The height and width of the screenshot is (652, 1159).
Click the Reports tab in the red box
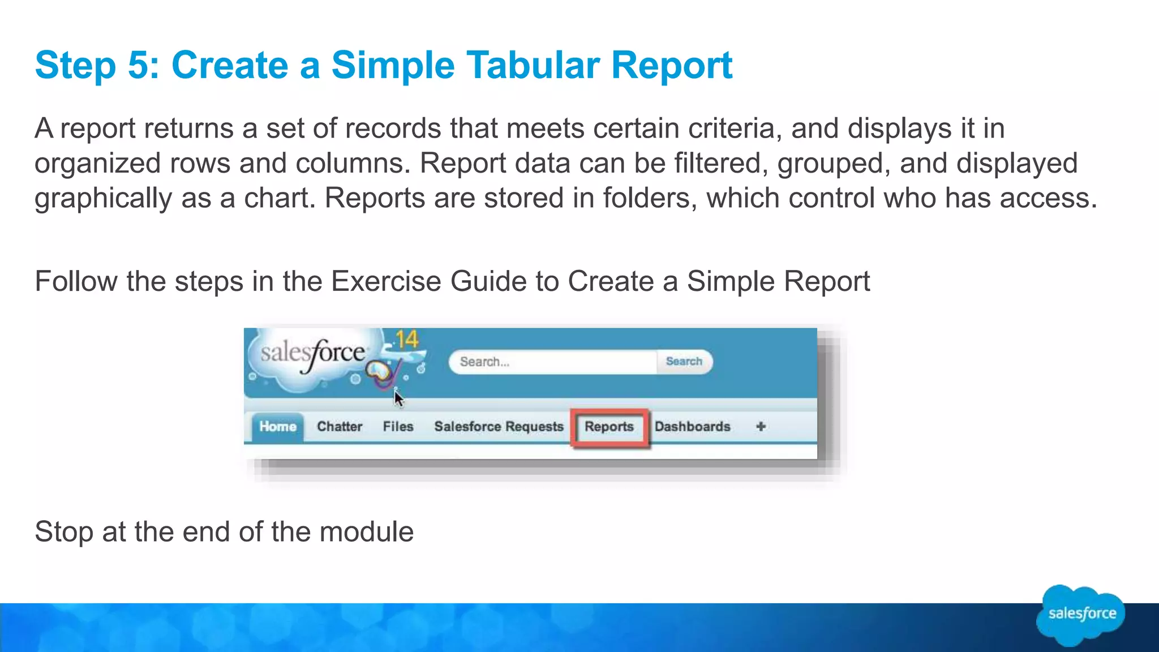tap(609, 427)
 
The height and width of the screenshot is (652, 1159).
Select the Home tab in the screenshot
tap(277, 427)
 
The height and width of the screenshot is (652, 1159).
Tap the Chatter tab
tap(340, 427)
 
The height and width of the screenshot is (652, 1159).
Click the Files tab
tap(398, 427)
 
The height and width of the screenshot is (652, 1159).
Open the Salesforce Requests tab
tap(499, 427)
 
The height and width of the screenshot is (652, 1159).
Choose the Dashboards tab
tap(692, 427)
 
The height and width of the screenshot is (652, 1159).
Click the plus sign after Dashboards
tap(761, 427)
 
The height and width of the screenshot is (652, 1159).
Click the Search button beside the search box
tap(684, 362)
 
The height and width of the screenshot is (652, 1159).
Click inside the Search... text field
tap(552, 362)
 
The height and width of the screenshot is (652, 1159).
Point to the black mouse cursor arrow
tap(398, 398)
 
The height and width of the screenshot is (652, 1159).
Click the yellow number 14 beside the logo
tap(406, 340)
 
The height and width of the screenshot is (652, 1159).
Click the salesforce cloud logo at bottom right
tap(1081, 615)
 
